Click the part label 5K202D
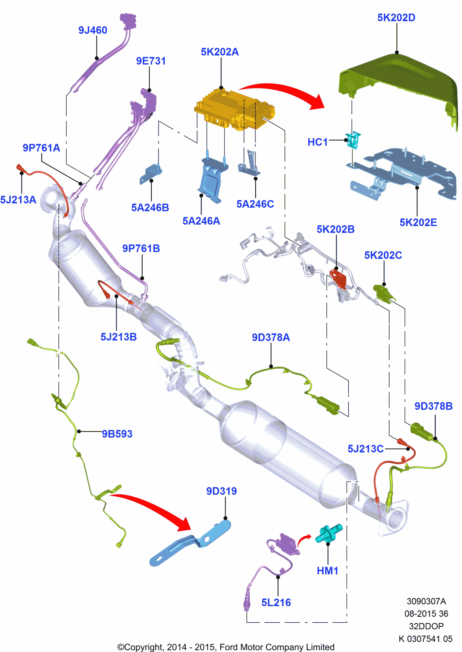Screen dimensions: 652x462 pyautogui.click(x=396, y=18)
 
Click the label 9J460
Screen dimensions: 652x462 pyautogui.click(x=93, y=30)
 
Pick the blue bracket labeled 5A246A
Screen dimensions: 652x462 pyautogui.click(x=212, y=180)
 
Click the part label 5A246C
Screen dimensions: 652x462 pyautogui.click(x=255, y=204)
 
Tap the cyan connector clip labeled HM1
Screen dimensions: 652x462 pyautogui.click(x=329, y=533)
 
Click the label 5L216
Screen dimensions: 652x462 pyautogui.click(x=276, y=603)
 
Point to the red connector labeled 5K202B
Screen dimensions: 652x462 pyautogui.click(x=338, y=278)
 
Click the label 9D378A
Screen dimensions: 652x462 pyautogui.click(x=271, y=337)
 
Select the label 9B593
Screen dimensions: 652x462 pyautogui.click(x=117, y=434)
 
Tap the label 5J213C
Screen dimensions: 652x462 pyautogui.click(x=366, y=449)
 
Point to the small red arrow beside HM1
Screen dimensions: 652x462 pyautogui.click(x=303, y=539)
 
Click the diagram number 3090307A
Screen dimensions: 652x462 pyautogui.click(x=426, y=601)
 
